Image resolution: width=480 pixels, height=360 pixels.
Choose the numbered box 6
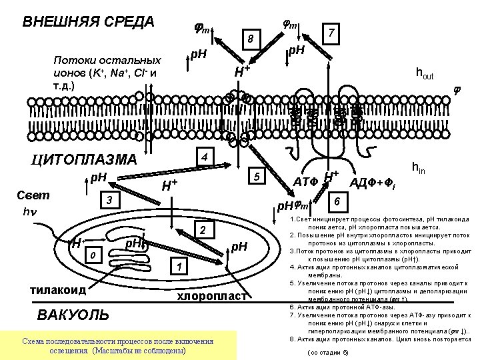tap(338, 201)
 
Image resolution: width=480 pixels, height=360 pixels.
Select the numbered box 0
tap(95, 254)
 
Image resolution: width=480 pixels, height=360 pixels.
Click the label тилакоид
tap(59, 290)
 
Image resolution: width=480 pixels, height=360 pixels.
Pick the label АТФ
tap(306, 180)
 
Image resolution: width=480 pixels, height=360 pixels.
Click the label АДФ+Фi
tap(373, 183)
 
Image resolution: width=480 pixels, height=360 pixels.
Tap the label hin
tap(421, 169)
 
